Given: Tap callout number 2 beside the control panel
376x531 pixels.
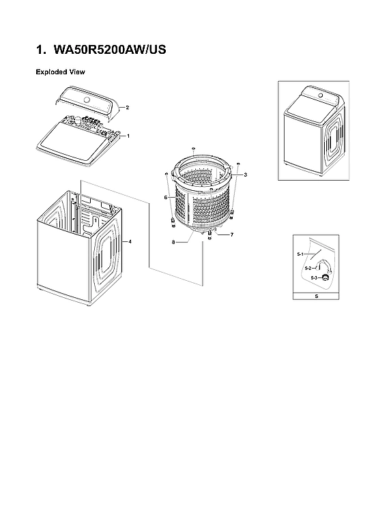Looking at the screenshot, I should [x=128, y=108].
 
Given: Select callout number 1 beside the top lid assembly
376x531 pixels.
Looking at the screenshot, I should [x=128, y=136].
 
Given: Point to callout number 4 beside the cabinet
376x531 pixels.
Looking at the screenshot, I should [x=130, y=242].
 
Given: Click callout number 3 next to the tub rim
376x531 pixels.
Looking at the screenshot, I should [x=244, y=175].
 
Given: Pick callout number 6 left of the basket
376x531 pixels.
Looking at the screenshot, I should [x=164, y=197].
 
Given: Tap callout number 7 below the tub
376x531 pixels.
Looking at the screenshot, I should [x=232, y=234].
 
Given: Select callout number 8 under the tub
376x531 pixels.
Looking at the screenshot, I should [x=173, y=242].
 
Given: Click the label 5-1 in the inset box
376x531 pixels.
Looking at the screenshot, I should [x=300, y=254].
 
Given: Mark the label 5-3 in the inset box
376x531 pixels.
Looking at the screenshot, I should [x=314, y=278].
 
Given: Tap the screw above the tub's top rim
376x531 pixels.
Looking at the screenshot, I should [x=194, y=148].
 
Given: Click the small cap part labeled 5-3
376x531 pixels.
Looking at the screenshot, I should [x=326, y=277].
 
